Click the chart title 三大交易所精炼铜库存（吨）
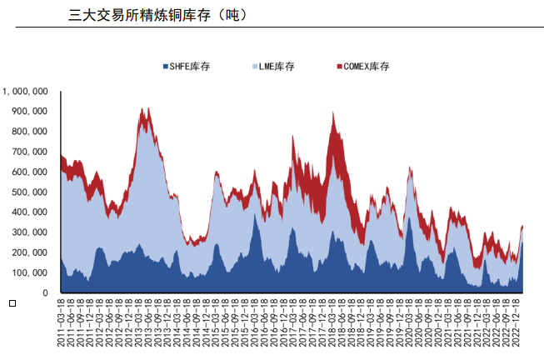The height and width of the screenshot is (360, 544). coord(157,15)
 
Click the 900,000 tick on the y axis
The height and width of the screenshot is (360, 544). coord(29,111)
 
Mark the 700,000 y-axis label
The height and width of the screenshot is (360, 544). coord(29,152)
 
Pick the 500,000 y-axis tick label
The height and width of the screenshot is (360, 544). coord(29,192)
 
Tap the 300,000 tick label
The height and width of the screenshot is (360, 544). coord(29,232)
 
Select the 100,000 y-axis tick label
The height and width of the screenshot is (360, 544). coord(29,272)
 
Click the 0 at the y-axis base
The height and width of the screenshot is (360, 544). coord(46,293)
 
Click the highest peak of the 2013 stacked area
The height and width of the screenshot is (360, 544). coord(143,109)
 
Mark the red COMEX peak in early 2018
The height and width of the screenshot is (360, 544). coord(333,114)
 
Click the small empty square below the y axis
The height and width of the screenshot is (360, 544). coord(12,302)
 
